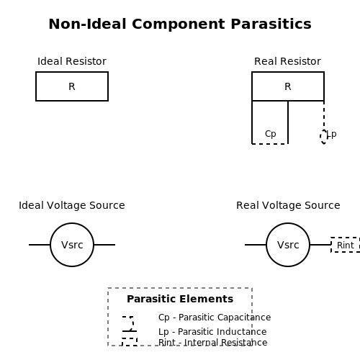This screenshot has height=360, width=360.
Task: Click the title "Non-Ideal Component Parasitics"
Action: pyautogui.click(x=180, y=24)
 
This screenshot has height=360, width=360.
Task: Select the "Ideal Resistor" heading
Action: pyautogui.click(x=72, y=61)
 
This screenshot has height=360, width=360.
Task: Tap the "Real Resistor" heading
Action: pyautogui.click(x=287, y=61)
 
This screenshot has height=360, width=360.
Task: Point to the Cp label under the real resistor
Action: pyautogui.click(x=271, y=134)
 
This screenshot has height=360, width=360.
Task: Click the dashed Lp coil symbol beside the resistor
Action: pyautogui.click(x=324, y=137)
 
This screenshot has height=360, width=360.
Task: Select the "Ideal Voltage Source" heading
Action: pyautogui.click(x=72, y=205)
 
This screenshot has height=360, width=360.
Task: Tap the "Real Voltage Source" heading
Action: pyautogui.click(x=288, y=205)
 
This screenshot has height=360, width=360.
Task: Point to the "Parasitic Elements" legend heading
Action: pyautogui.click(x=180, y=299)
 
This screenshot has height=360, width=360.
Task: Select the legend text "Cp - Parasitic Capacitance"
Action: pyautogui.click(x=215, y=318)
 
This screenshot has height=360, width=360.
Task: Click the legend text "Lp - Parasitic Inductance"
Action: pyautogui.click(x=212, y=332)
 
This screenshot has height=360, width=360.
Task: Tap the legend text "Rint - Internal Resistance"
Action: pyautogui.click(x=213, y=342)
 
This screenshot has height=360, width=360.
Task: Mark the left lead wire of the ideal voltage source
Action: pyautogui.click(x=40, y=245)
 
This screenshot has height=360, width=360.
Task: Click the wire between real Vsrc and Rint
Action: pyautogui.click(x=320, y=245)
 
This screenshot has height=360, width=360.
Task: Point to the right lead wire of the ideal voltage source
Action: pyautogui.click(x=104, y=245)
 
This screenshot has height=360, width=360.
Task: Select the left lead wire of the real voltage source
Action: pyautogui.click(x=256, y=245)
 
